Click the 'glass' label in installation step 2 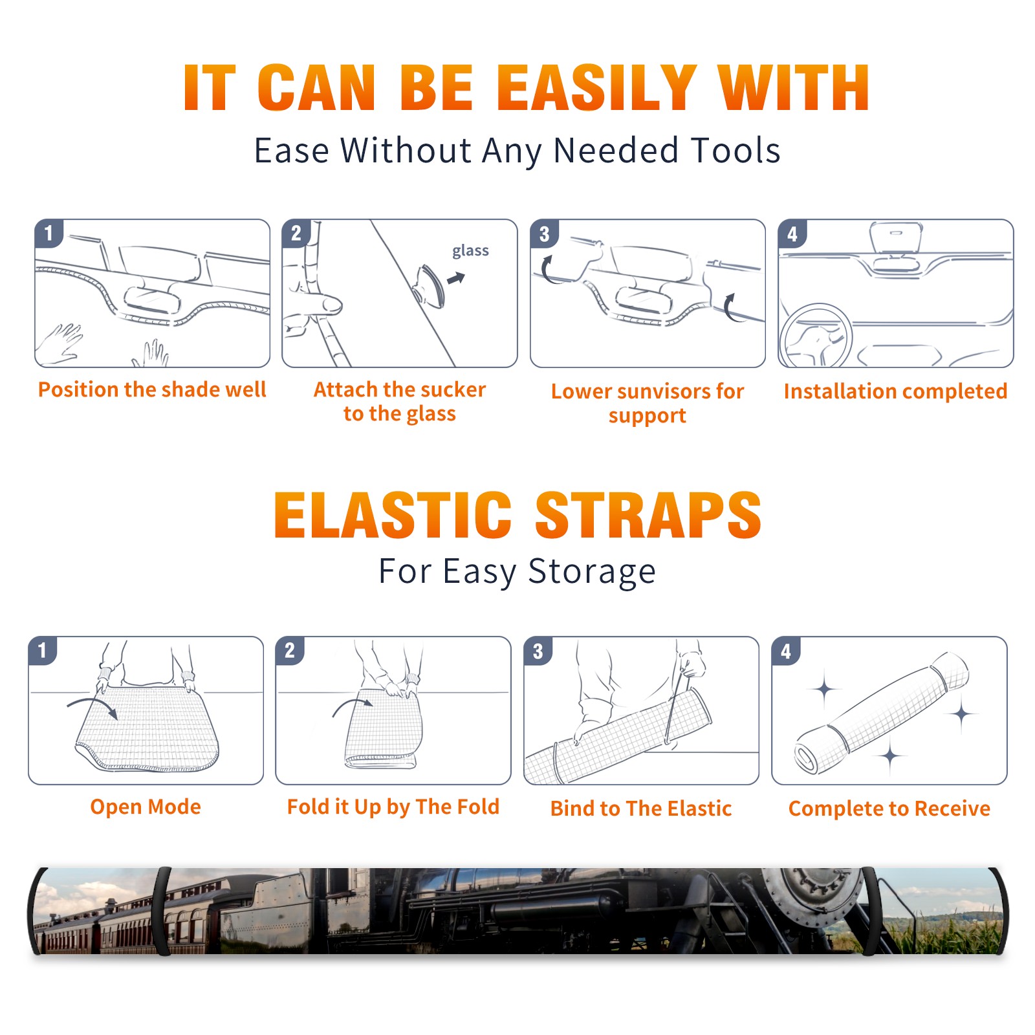click(470, 251)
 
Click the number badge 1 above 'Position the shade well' click(49, 233)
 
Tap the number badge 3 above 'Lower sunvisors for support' click(544, 234)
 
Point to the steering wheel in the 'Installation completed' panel click(816, 336)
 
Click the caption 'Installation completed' click(895, 391)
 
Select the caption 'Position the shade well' click(152, 389)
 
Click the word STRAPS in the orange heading click(648, 515)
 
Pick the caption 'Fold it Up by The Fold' click(393, 807)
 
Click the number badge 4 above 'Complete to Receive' click(786, 651)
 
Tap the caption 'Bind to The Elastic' click(641, 809)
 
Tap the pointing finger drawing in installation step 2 click(314, 304)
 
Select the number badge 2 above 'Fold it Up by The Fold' click(290, 651)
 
